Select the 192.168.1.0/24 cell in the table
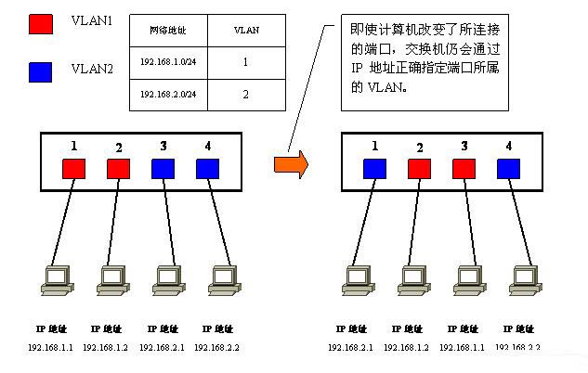(x=167, y=64)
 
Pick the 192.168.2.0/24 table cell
(x=167, y=95)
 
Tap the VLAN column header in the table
(x=245, y=31)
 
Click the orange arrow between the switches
(x=291, y=164)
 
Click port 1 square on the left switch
(x=74, y=169)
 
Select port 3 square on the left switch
(x=163, y=169)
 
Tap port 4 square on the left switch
(x=207, y=169)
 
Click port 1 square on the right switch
(x=374, y=169)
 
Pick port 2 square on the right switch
(x=420, y=169)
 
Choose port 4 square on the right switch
(x=508, y=169)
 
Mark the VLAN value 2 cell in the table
(x=245, y=95)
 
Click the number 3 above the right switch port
(x=464, y=146)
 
